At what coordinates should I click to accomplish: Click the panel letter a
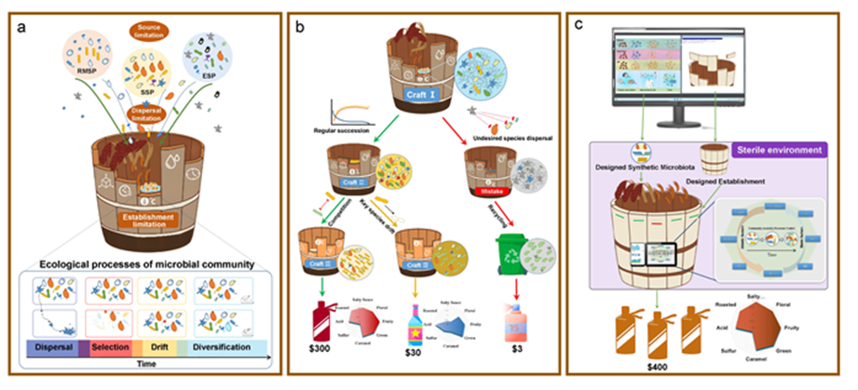coord(21,26)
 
